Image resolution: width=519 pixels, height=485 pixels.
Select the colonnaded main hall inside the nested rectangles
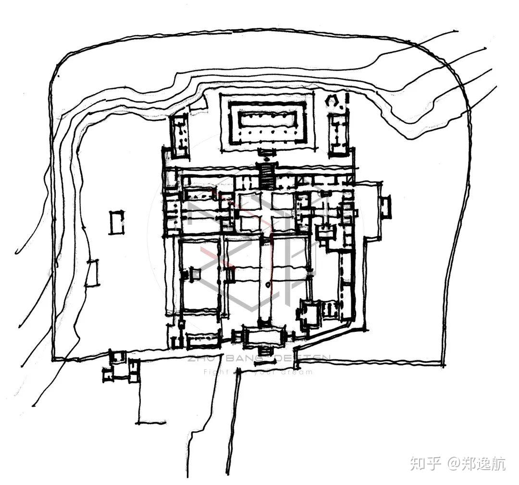[x=267, y=120]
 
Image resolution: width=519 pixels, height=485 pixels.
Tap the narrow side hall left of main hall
[x=179, y=136]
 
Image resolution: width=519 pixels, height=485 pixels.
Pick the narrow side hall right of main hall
[x=339, y=134]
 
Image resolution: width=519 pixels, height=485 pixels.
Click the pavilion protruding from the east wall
[x=385, y=206]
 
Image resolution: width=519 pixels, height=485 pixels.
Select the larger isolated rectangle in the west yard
[x=116, y=222]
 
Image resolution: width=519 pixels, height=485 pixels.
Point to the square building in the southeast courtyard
[x=310, y=313]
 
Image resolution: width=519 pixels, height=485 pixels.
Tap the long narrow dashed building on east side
[x=344, y=283]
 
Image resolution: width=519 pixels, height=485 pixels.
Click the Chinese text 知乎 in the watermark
[x=425, y=464]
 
